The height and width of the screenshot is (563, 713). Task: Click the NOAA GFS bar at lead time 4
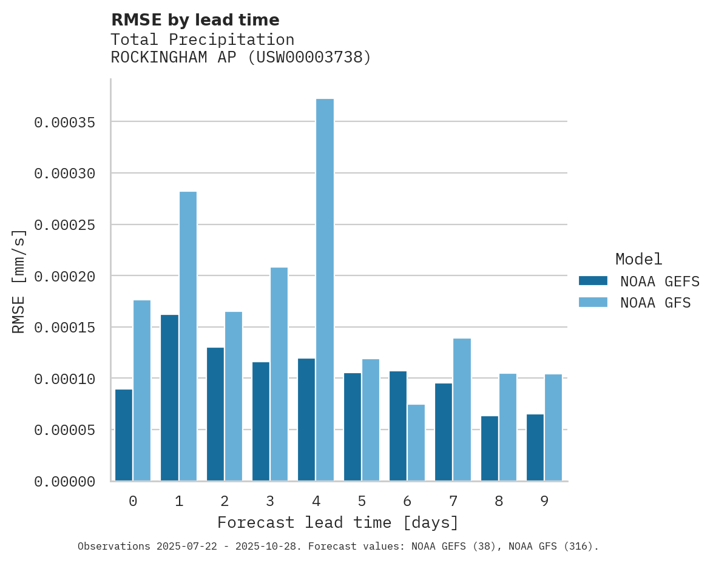[325, 290]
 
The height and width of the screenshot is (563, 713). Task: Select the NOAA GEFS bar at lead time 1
[169, 398]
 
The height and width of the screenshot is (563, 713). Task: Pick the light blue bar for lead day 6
[416, 443]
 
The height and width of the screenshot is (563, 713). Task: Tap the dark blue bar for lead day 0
[124, 435]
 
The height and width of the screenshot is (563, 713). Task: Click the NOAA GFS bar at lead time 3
[279, 374]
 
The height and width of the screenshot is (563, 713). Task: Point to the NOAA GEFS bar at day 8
[490, 448]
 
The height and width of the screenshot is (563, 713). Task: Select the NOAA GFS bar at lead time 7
[462, 410]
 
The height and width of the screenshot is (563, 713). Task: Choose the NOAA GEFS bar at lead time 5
[353, 427]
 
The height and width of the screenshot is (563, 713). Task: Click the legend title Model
[638, 259]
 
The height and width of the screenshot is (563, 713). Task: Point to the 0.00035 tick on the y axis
[65, 123]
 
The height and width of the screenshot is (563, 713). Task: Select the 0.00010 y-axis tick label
[65, 379]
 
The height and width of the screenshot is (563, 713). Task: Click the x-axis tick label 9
[544, 501]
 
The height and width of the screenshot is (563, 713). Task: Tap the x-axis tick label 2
[225, 501]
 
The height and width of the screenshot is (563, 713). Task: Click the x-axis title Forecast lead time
[338, 522]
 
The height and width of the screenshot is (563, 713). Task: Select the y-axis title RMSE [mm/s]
[19, 281]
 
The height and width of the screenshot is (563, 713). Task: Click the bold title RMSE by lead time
[195, 20]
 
